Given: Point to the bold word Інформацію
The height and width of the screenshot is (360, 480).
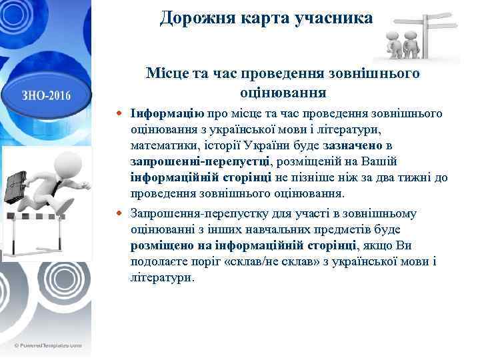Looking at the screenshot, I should point(168,113).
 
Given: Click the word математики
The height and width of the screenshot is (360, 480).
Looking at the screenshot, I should point(162,145).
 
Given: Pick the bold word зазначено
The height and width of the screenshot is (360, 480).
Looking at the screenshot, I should point(353,145).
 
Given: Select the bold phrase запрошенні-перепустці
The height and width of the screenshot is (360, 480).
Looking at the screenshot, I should point(200,161).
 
